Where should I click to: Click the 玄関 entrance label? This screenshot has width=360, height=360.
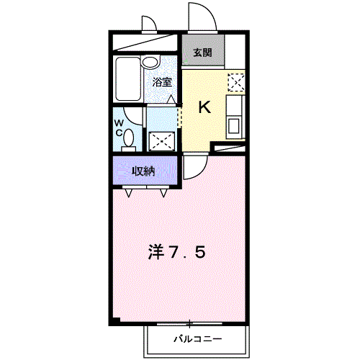pyautogui.click(x=202, y=53)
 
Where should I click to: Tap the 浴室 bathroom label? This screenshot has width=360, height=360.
pyautogui.click(x=162, y=82)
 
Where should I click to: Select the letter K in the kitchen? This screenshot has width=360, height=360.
pyautogui.click(x=204, y=108)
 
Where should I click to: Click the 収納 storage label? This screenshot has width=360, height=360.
pyautogui.click(x=143, y=171)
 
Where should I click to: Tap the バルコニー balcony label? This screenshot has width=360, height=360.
pyautogui.click(x=197, y=338)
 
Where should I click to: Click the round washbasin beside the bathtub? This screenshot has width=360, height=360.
pyautogui.click(x=150, y=63)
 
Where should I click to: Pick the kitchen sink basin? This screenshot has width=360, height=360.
pyautogui.click(x=235, y=127)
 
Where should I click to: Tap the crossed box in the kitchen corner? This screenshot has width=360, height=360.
pyautogui.click(x=235, y=81)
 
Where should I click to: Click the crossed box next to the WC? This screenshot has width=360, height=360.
pyautogui.click(x=162, y=140)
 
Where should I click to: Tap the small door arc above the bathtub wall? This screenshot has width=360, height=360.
pyautogui.click(x=150, y=26)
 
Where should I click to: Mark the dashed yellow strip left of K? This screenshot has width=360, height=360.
pyautogui.click(x=179, y=114)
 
